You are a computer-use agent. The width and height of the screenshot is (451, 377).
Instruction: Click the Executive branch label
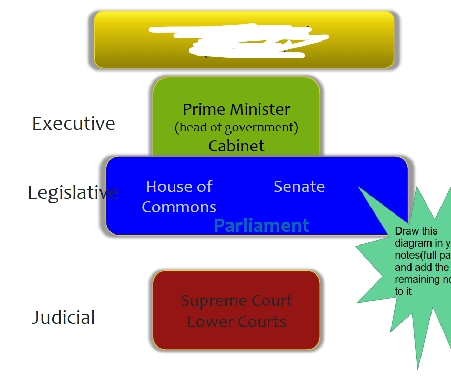pyautogui.click(x=73, y=124)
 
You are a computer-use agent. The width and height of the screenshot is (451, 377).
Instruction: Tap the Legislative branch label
pyautogui.click(x=73, y=192)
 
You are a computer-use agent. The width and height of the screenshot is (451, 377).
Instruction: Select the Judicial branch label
pyautogui.click(x=63, y=318)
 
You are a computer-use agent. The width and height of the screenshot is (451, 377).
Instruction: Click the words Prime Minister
pyautogui.click(x=236, y=109)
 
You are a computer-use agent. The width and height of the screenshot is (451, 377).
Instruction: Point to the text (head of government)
pyautogui.click(x=236, y=127)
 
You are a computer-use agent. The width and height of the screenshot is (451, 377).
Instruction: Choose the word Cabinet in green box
pyautogui.click(x=236, y=146)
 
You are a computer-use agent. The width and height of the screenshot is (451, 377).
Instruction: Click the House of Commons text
pyautogui.click(x=179, y=197)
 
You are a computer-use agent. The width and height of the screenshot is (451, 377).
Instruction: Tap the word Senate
pyautogui.click(x=299, y=187)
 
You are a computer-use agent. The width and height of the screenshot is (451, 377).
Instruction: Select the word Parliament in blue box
pyautogui.click(x=261, y=226)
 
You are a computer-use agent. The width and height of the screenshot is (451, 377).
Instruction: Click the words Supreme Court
pyautogui.click(x=236, y=301)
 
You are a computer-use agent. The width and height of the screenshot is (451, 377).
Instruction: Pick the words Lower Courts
pyautogui.click(x=236, y=321)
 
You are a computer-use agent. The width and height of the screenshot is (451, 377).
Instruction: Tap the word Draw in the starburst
pyautogui.click(x=406, y=231)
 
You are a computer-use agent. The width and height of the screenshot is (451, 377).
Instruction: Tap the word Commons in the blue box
pyautogui.click(x=179, y=207)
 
